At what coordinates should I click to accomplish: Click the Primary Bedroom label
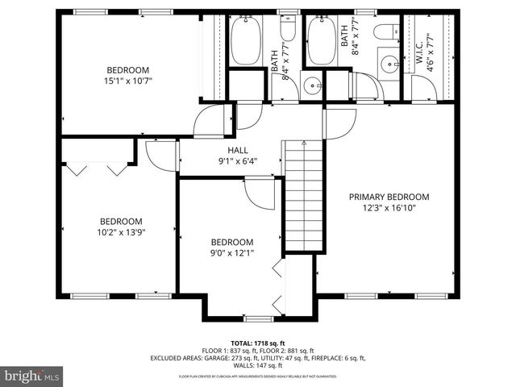click(x=388, y=197)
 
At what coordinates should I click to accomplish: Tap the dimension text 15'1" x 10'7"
click(x=127, y=81)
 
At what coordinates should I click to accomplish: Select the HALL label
click(x=238, y=150)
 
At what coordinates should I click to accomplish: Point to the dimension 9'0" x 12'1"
click(x=231, y=254)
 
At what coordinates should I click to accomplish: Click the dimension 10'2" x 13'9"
click(x=121, y=232)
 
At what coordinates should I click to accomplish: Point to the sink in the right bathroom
click(x=389, y=64)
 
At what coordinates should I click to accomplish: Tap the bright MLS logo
click(x=32, y=376)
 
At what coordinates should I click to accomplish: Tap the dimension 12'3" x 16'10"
click(x=388, y=207)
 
